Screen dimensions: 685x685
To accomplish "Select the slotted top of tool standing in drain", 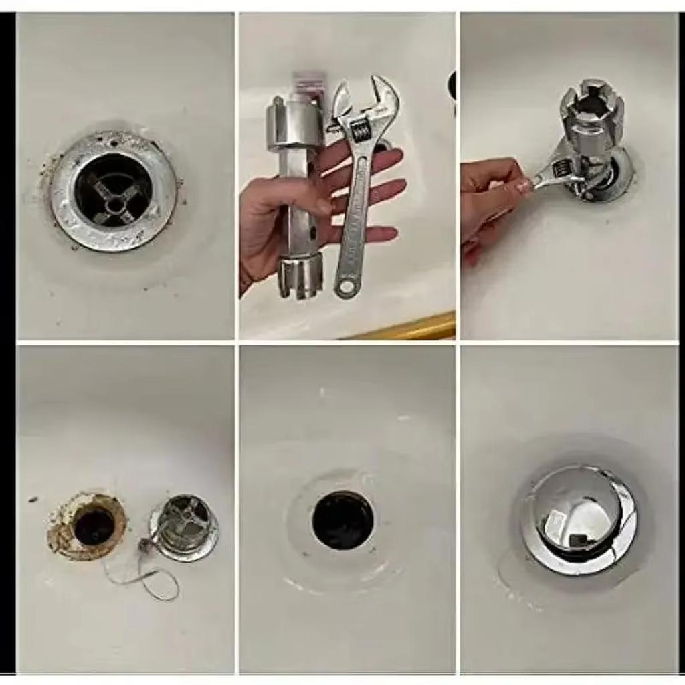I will click(x=592, y=107).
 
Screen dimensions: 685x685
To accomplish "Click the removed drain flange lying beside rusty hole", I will click(x=184, y=525).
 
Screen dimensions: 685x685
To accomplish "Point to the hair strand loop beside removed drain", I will click(x=157, y=582).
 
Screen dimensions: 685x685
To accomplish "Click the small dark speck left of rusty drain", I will click(x=32, y=499).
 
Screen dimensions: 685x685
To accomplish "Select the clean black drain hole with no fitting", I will click(x=342, y=520).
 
